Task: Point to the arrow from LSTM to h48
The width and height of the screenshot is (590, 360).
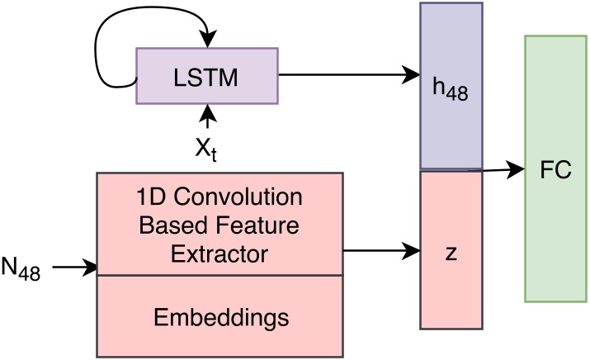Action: coord(347,74)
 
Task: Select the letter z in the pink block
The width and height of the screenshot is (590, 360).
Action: coord(451,253)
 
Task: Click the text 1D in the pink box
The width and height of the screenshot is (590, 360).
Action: coord(151,200)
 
